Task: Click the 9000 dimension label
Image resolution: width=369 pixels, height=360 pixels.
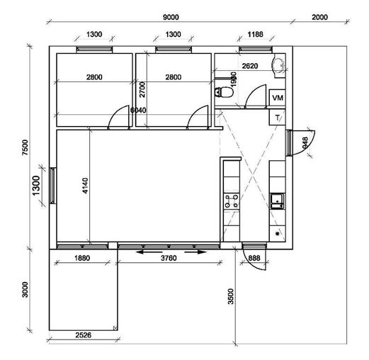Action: (x=171, y=17)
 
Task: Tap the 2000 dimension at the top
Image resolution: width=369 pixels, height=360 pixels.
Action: (x=319, y=17)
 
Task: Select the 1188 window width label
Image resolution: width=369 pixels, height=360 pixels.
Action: (x=255, y=35)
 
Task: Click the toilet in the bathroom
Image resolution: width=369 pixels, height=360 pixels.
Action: (x=225, y=92)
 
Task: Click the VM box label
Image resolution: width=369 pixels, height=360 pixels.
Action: (x=278, y=98)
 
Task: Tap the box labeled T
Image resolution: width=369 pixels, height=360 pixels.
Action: (x=278, y=118)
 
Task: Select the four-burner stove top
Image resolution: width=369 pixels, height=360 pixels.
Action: (x=232, y=201)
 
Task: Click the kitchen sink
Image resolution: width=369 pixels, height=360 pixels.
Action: (x=278, y=201)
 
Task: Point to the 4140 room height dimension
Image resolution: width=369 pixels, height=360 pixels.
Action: (x=85, y=186)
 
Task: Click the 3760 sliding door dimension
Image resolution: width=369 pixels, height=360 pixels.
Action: (x=169, y=258)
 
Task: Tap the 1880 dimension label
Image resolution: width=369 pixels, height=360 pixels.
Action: (x=82, y=258)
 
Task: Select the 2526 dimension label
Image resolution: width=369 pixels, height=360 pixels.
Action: (x=84, y=335)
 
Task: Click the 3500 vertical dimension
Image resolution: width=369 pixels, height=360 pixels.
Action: (x=231, y=296)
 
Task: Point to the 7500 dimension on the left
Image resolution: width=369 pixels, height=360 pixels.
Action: (x=25, y=147)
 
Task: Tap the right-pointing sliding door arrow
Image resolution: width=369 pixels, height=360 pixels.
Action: (x=195, y=252)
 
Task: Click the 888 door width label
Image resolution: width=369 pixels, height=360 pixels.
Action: (x=254, y=258)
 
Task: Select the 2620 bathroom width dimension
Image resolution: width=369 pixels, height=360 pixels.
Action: (x=250, y=66)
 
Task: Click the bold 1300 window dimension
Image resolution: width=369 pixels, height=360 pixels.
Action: (x=36, y=186)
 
